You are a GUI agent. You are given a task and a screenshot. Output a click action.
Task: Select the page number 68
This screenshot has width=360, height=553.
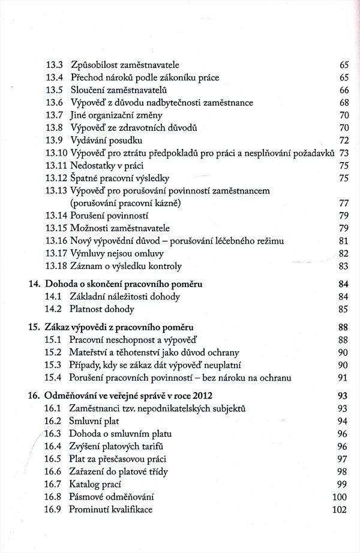pos(344,103)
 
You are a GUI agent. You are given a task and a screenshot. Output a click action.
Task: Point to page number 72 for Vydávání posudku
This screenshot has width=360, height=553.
pos(344,141)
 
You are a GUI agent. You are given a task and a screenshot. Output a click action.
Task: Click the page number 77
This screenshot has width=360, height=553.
pos(344,204)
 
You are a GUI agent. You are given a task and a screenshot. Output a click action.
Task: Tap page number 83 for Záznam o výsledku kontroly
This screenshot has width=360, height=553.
pos(344,266)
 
